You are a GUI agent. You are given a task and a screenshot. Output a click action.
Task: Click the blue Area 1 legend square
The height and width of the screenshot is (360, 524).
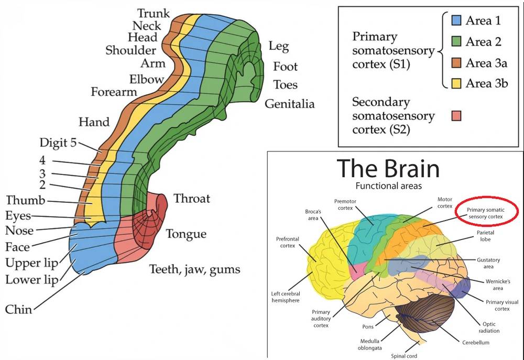[456, 21]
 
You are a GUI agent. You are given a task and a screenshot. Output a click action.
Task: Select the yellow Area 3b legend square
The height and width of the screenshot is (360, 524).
[456, 83]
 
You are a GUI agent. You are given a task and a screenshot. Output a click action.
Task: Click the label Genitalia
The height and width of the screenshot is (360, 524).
[290, 104]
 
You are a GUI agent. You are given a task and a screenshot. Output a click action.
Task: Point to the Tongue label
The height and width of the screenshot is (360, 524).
[186, 234]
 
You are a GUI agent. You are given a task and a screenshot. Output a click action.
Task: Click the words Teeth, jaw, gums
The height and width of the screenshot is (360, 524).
[194, 270]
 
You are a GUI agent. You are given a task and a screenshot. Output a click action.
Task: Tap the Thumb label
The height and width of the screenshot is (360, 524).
[26, 201]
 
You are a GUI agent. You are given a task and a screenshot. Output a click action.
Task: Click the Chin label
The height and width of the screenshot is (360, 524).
[18, 310]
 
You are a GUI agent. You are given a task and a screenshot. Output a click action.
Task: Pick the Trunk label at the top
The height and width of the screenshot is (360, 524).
[154, 13]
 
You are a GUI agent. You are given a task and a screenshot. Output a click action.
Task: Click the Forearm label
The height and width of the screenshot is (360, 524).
[114, 92]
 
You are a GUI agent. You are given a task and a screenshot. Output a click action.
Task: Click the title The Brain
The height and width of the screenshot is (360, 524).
[388, 169]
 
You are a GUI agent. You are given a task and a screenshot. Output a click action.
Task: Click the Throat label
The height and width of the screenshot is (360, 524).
[192, 199]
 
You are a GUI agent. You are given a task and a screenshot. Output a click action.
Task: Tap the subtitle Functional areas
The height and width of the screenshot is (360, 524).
[388, 186]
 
